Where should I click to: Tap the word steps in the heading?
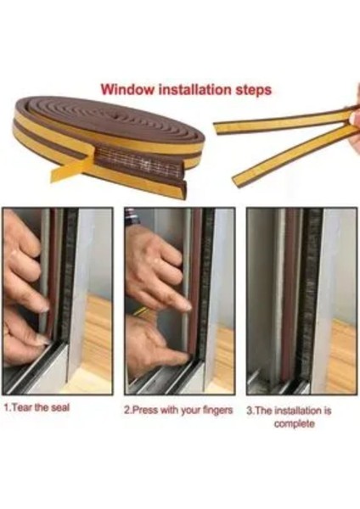(253, 90)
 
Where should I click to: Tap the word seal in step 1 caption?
(60, 407)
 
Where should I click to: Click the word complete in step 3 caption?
(294, 424)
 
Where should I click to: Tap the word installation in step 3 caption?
(299, 411)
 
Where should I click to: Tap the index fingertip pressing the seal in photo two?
(187, 307)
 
